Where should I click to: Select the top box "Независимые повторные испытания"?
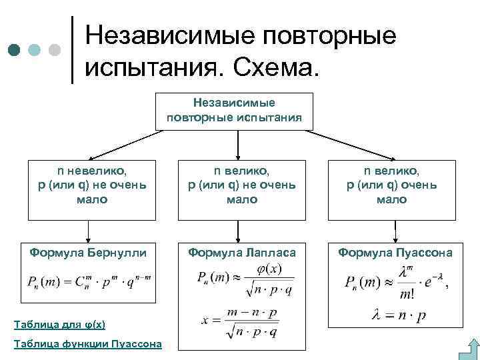click(x=234, y=111)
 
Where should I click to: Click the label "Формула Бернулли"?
click(x=87, y=253)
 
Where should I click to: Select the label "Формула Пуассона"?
click(x=395, y=253)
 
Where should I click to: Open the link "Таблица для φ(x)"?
click(x=60, y=325)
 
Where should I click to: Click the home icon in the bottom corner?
click(x=470, y=349)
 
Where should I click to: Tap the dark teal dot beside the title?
click(x=15, y=50)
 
